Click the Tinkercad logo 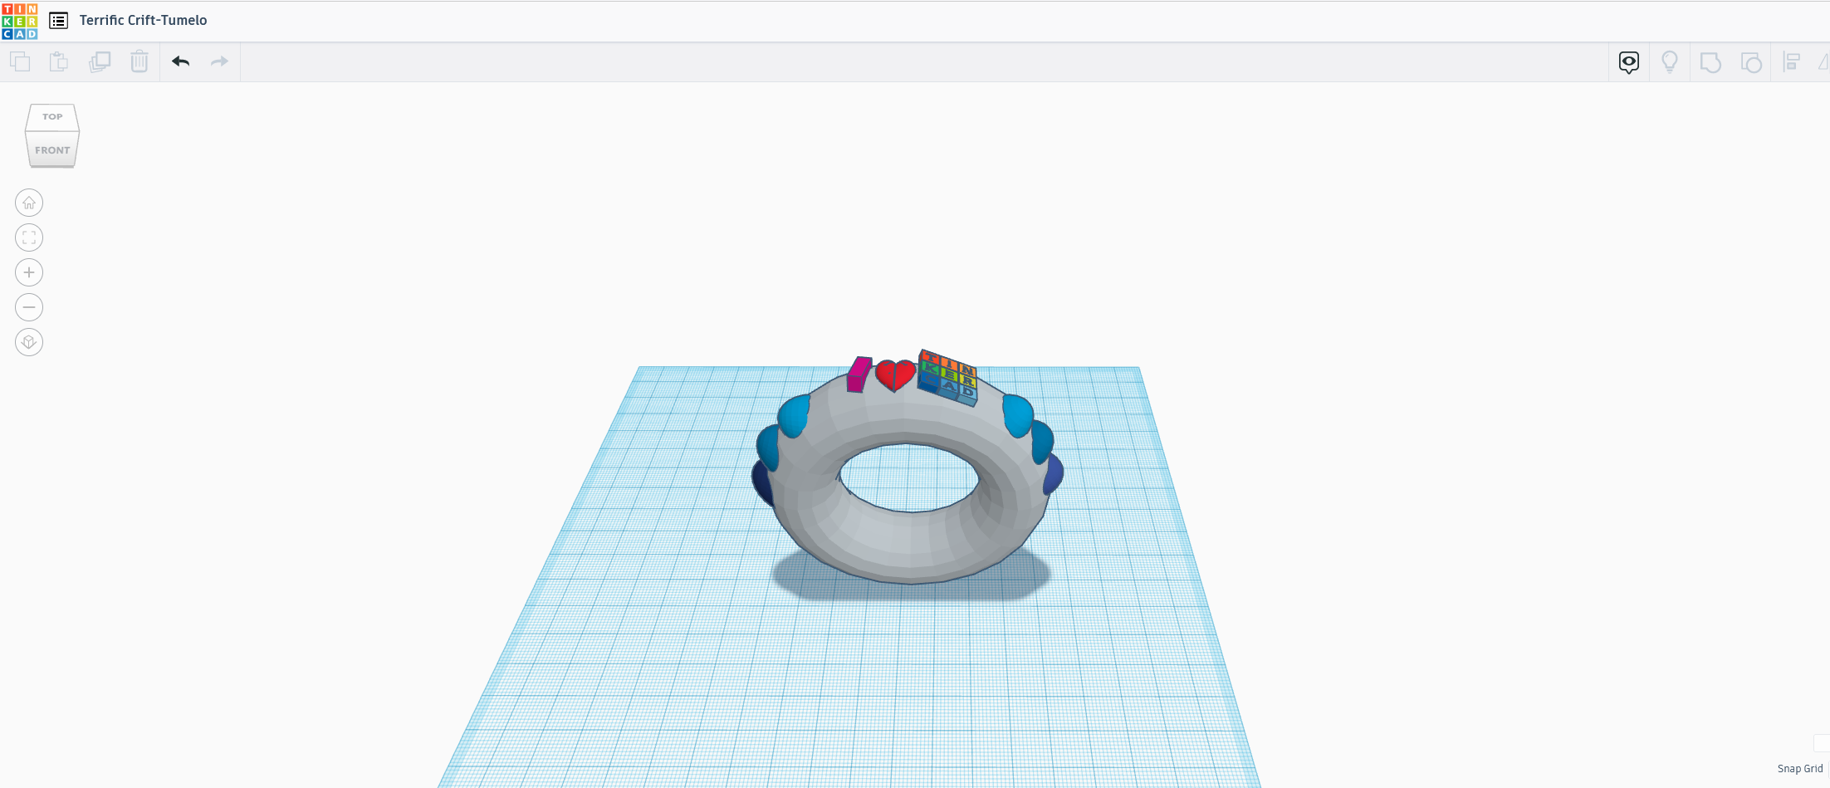(20, 21)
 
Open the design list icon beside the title (58, 21)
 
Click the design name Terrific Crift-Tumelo (143, 21)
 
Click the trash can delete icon (139, 61)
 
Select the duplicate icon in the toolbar (100, 61)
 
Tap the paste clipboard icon (58, 61)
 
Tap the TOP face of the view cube (52, 117)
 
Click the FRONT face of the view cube (52, 150)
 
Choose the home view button (29, 203)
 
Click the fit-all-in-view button (29, 237)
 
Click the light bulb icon (1670, 61)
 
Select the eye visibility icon (1629, 61)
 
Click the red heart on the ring (895, 374)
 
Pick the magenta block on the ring (859, 374)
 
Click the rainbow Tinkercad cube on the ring (948, 377)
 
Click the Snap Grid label (1799, 769)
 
